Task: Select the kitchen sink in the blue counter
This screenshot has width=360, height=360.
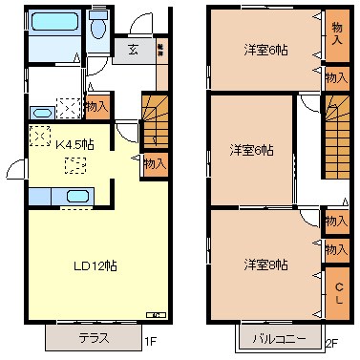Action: pyautogui.click(x=78, y=198)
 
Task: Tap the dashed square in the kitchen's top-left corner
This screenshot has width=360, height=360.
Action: pyautogui.click(x=40, y=137)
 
